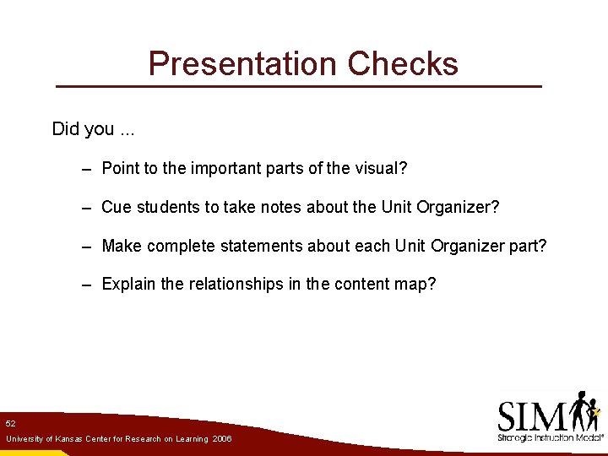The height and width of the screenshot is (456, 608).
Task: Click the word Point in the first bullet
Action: point(120,168)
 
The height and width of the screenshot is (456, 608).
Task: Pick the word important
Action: point(225,168)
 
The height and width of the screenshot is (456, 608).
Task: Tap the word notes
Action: point(280,207)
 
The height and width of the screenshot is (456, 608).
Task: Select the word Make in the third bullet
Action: point(121,246)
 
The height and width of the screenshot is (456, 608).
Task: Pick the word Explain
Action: point(128,284)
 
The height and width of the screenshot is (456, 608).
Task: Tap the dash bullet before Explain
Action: point(87,285)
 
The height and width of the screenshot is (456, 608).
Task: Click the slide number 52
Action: point(10,422)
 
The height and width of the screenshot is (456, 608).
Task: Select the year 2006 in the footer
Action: point(222,439)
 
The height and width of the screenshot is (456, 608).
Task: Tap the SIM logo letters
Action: point(532,415)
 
